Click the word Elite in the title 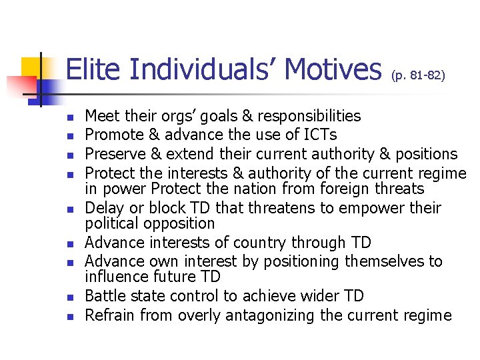(93, 70)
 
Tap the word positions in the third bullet (424, 154)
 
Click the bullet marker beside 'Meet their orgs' (71, 118)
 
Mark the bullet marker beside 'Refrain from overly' (71, 317)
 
